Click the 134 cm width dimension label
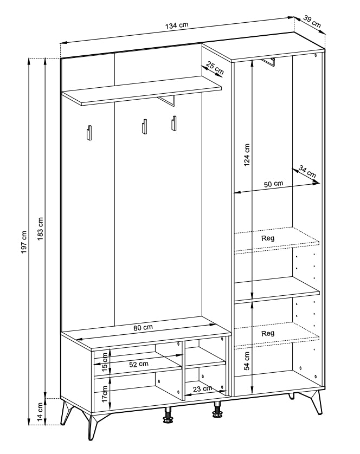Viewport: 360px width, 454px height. click(177, 25)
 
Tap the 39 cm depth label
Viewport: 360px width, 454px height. click(312, 22)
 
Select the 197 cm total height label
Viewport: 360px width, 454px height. click(24, 242)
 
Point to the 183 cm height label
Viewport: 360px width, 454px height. click(40, 229)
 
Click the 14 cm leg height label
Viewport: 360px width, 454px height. click(40, 411)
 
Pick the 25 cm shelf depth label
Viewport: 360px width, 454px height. click(215, 68)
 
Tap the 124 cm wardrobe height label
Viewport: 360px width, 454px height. click(247, 155)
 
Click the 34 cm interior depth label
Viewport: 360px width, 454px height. click(307, 172)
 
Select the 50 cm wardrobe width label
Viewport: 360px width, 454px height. click(273, 184)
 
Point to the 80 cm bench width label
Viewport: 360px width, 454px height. click(143, 328)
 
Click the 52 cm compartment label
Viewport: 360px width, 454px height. click(139, 364)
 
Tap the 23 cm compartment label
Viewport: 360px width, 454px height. click(202, 388)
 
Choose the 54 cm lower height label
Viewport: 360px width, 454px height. click(247, 361)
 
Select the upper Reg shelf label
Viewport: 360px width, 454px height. click(267, 238)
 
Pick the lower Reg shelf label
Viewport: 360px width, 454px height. click(267, 333)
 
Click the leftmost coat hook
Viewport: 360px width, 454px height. click(89, 133)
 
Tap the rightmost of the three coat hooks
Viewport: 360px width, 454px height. click(173, 124)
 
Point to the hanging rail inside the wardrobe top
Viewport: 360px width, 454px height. click(268, 62)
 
